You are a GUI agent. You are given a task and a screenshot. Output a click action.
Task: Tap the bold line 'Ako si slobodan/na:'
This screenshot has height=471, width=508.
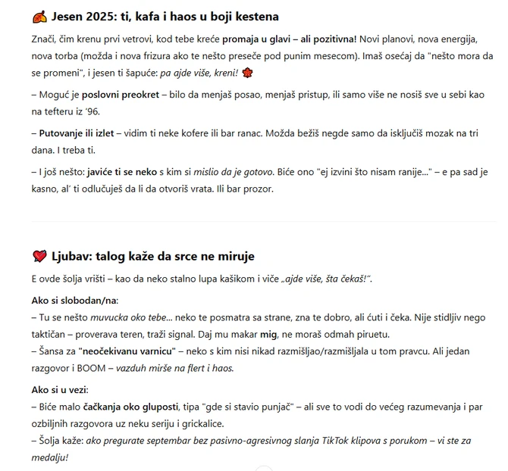[75, 301]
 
